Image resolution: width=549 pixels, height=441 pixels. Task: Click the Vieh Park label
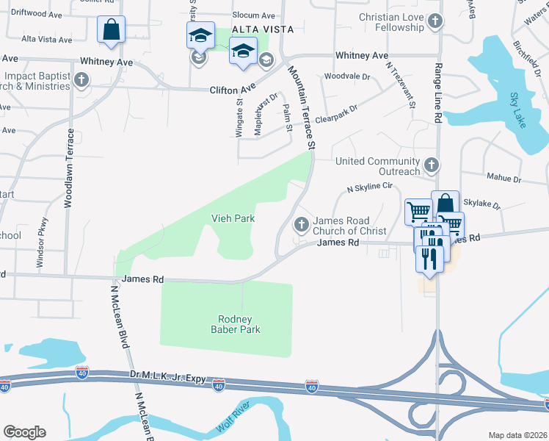click(x=232, y=218)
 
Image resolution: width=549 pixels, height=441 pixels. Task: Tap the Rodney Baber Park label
click(x=236, y=324)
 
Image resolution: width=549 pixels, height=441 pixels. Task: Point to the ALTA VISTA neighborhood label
click(x=263, y=29)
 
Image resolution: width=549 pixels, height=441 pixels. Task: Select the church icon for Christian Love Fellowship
click(x=435, y=21)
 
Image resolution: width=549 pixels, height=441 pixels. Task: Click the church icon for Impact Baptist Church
click(x=81, y=79)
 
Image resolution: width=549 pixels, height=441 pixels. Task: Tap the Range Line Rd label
click(x=438, y=82)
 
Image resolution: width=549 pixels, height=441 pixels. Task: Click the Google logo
click(x=24, y=431)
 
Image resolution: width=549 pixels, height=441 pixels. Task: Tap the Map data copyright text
click(x=517, y=435)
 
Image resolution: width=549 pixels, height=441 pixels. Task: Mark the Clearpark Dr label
click(x=336, y=114)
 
